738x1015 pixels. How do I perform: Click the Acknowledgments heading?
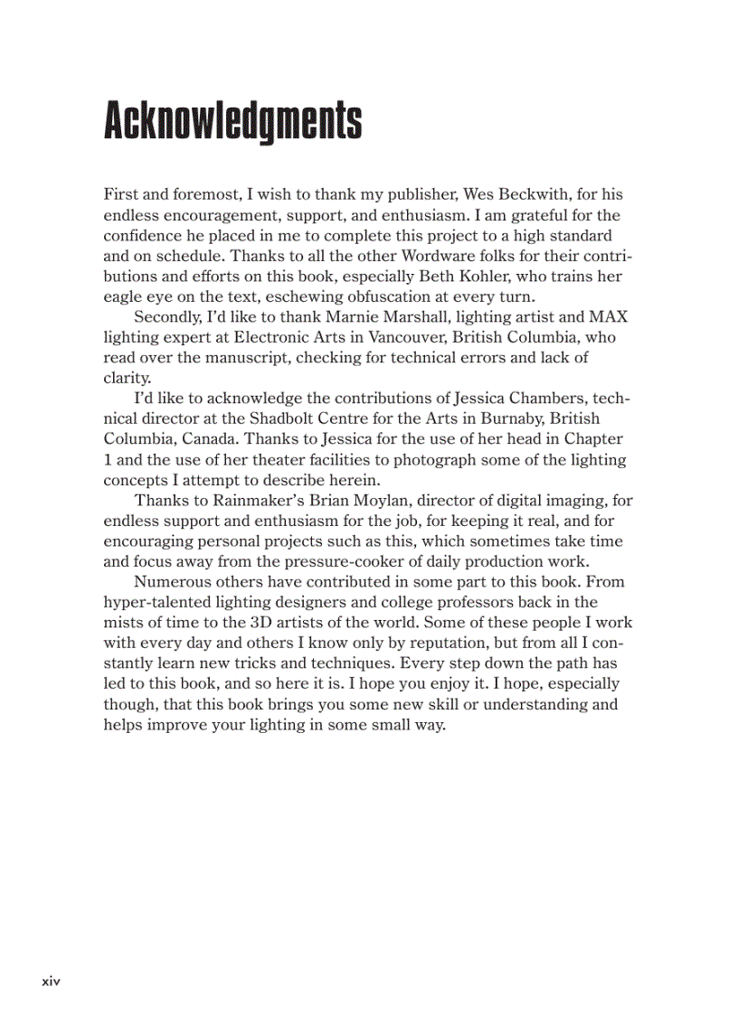click(x=232, y=120)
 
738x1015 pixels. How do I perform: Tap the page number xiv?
click(x=51, y=981)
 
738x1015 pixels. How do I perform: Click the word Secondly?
click(x=168, y=317)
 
